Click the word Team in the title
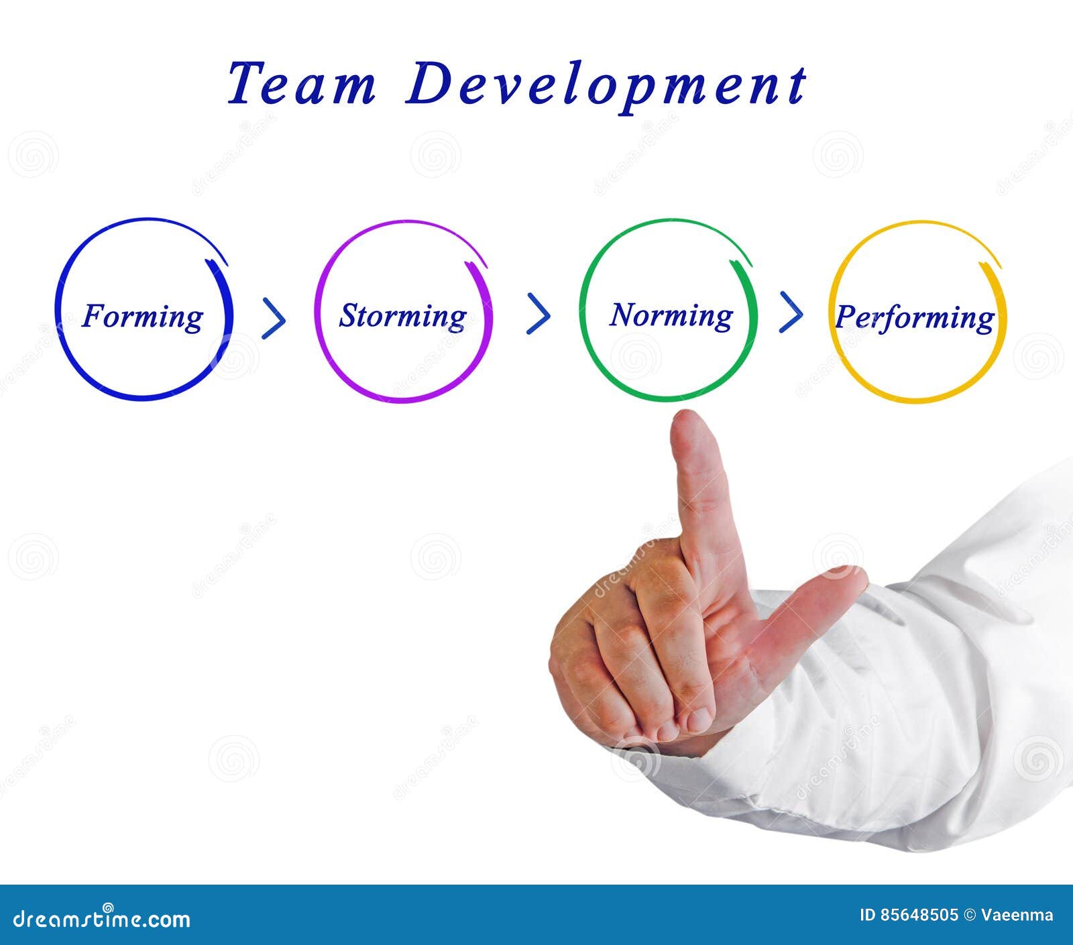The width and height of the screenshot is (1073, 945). (x=301, y=85)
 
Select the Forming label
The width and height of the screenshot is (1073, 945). (x=142, y=316)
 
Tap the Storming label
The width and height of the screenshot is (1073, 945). (x=402, y=316)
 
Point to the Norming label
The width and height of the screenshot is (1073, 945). (x=671, y=315)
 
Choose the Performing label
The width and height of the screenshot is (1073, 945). (x=915, y=318)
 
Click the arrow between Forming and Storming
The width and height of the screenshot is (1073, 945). (x=274, y=317)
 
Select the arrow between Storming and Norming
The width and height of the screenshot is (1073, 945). (x=539, y=313)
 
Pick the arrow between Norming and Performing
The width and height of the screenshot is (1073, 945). (x=791, y=311)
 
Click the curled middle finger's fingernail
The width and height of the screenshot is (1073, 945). (x=699, y=720)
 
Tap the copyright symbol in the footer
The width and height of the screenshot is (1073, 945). (x=970, y=915)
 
